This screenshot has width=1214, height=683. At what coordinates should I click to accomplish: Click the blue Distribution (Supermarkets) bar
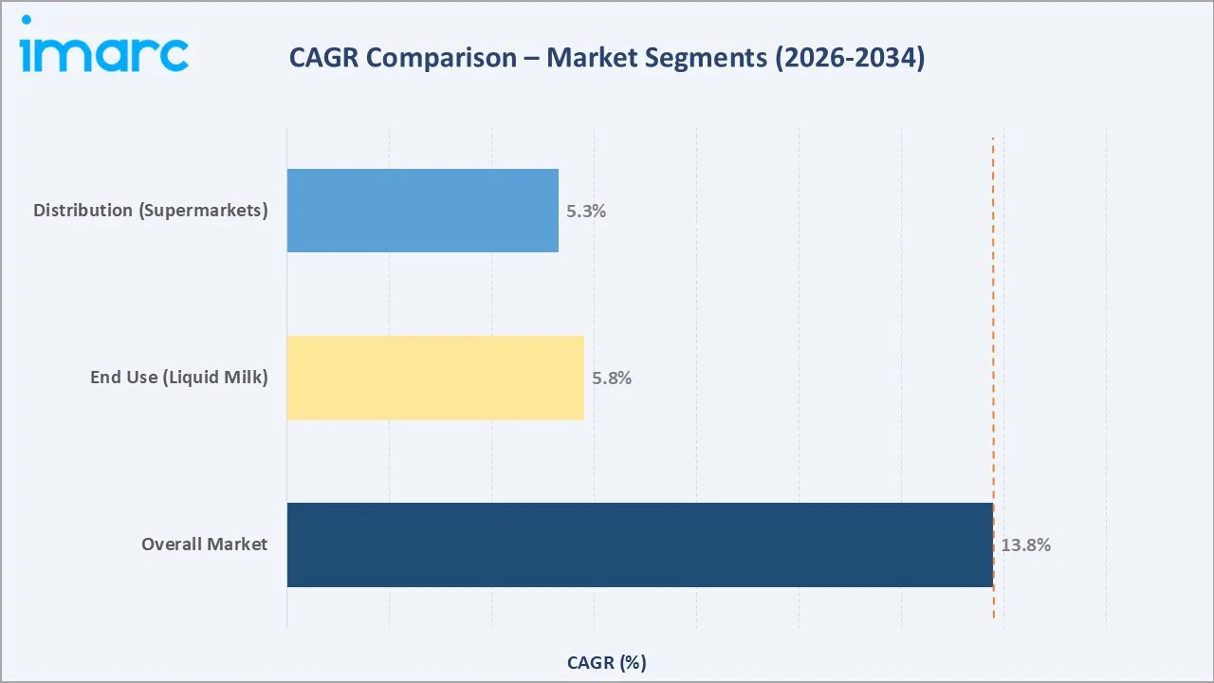point(422,211)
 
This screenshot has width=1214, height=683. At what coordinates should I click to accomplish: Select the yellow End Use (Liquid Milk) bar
point(435,378)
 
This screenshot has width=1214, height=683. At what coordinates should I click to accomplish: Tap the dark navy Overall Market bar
point(639,545)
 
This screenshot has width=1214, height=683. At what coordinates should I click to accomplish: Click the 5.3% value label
point(586,212)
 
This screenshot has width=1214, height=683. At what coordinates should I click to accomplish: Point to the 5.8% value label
point(612,378)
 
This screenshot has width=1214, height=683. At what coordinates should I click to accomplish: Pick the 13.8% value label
point(1025,545)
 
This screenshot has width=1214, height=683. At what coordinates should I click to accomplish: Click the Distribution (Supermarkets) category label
point(151,211)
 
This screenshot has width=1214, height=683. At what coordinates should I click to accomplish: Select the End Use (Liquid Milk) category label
point(179,378)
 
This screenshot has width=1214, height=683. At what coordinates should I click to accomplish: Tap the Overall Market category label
point(205,545)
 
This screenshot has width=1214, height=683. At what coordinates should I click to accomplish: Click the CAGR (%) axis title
point(607,662)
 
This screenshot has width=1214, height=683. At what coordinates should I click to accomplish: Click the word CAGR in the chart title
point(324,58)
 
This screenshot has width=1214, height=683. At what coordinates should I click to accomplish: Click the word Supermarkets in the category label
point(204,211)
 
